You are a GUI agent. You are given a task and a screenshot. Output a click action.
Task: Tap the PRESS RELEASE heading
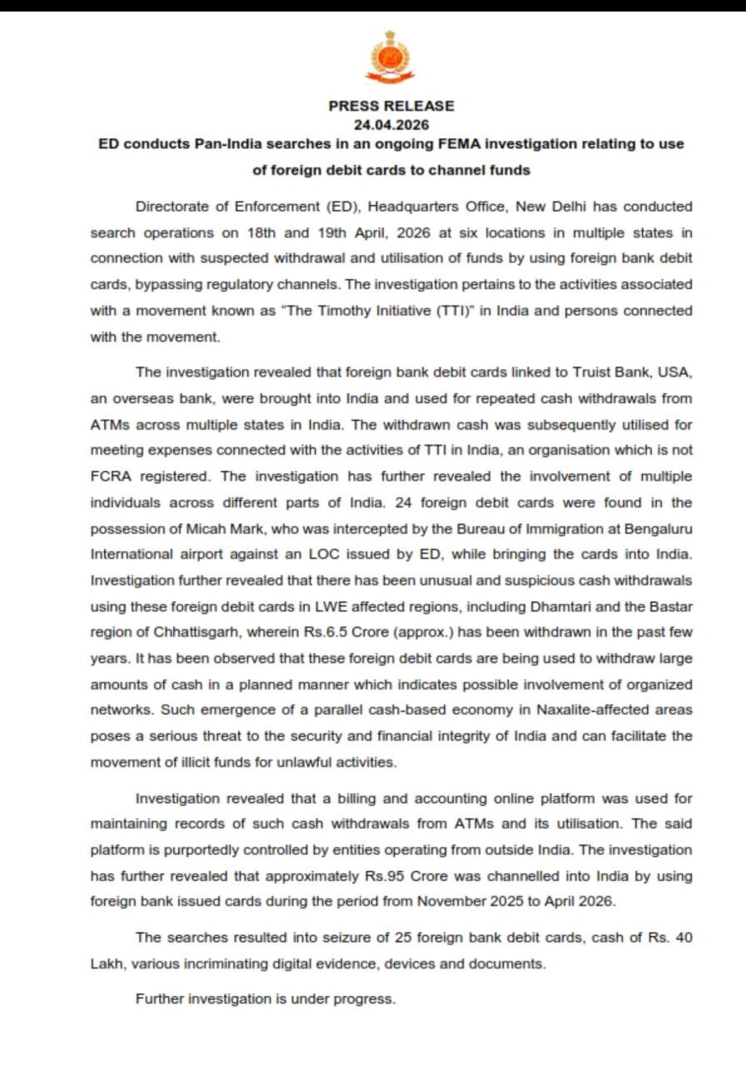391,106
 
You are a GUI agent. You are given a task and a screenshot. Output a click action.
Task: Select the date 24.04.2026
391,125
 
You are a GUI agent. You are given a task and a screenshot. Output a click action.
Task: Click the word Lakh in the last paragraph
107,964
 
